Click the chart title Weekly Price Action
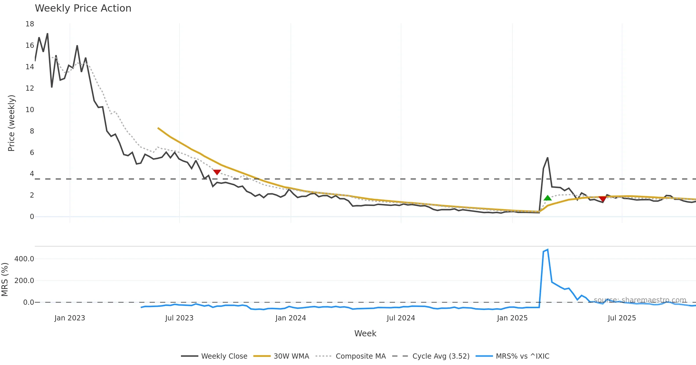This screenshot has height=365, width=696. click(x=83, y=8)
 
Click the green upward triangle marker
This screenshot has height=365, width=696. click(x=548, y=198)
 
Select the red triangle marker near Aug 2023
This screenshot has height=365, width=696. click(x=217, y=172)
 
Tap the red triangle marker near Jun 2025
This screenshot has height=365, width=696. click(x=603, y=199)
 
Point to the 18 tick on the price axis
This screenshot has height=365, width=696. click(x=30, y=24)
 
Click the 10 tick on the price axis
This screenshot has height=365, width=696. click(x=30, y=110)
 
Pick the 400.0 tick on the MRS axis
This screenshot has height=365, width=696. click(x=24, y=259)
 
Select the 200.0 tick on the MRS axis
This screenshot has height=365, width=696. click(x=24, y=281)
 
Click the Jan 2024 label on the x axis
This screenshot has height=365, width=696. click(x=291, y=318)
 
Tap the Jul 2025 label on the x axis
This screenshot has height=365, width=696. click(x=622, y=318)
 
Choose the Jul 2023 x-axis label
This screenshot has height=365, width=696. click(x=179, y=318)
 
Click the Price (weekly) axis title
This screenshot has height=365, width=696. click(x=11, y=123)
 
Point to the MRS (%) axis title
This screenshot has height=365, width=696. click(x=5, y=280)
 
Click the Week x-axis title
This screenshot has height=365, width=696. click(x=365, y=334)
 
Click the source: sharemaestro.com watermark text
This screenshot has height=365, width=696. click(x=640, y=300)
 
